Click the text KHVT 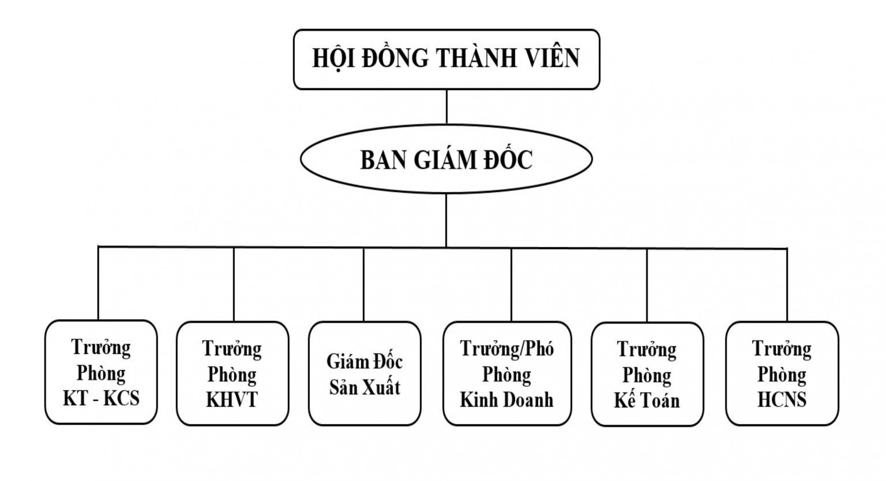(x=232, y=400)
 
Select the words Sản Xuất (x=364, y=387)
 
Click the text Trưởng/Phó (x=507, y=349)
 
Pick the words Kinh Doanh (x=507, y=400)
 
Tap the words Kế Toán (x=647, y=401)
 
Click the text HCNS (x=782, y=400)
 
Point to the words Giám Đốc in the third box (x=364, y=362)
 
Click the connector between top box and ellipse (x=447, y=107)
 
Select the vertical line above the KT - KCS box (x=98, y=283)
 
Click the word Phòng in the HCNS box (x=782, y=374)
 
